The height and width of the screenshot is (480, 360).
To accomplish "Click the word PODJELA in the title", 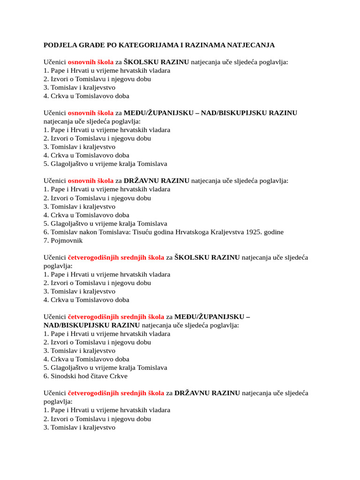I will coord(59,45).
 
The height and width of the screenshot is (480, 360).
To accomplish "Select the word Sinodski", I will coord(63,376).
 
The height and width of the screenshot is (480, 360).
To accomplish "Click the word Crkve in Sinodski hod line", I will coord(118,376).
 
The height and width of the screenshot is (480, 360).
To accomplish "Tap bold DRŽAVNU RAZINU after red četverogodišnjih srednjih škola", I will coord(207,393).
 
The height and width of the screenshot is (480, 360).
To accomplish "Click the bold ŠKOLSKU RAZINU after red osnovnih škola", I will coord(157,62).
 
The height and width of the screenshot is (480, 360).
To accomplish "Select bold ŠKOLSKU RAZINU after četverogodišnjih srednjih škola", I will coord(207,257).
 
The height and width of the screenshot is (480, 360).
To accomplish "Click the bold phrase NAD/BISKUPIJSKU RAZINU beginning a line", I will coord(91,325).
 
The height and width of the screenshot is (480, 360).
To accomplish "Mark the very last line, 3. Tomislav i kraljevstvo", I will coord(79,427).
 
